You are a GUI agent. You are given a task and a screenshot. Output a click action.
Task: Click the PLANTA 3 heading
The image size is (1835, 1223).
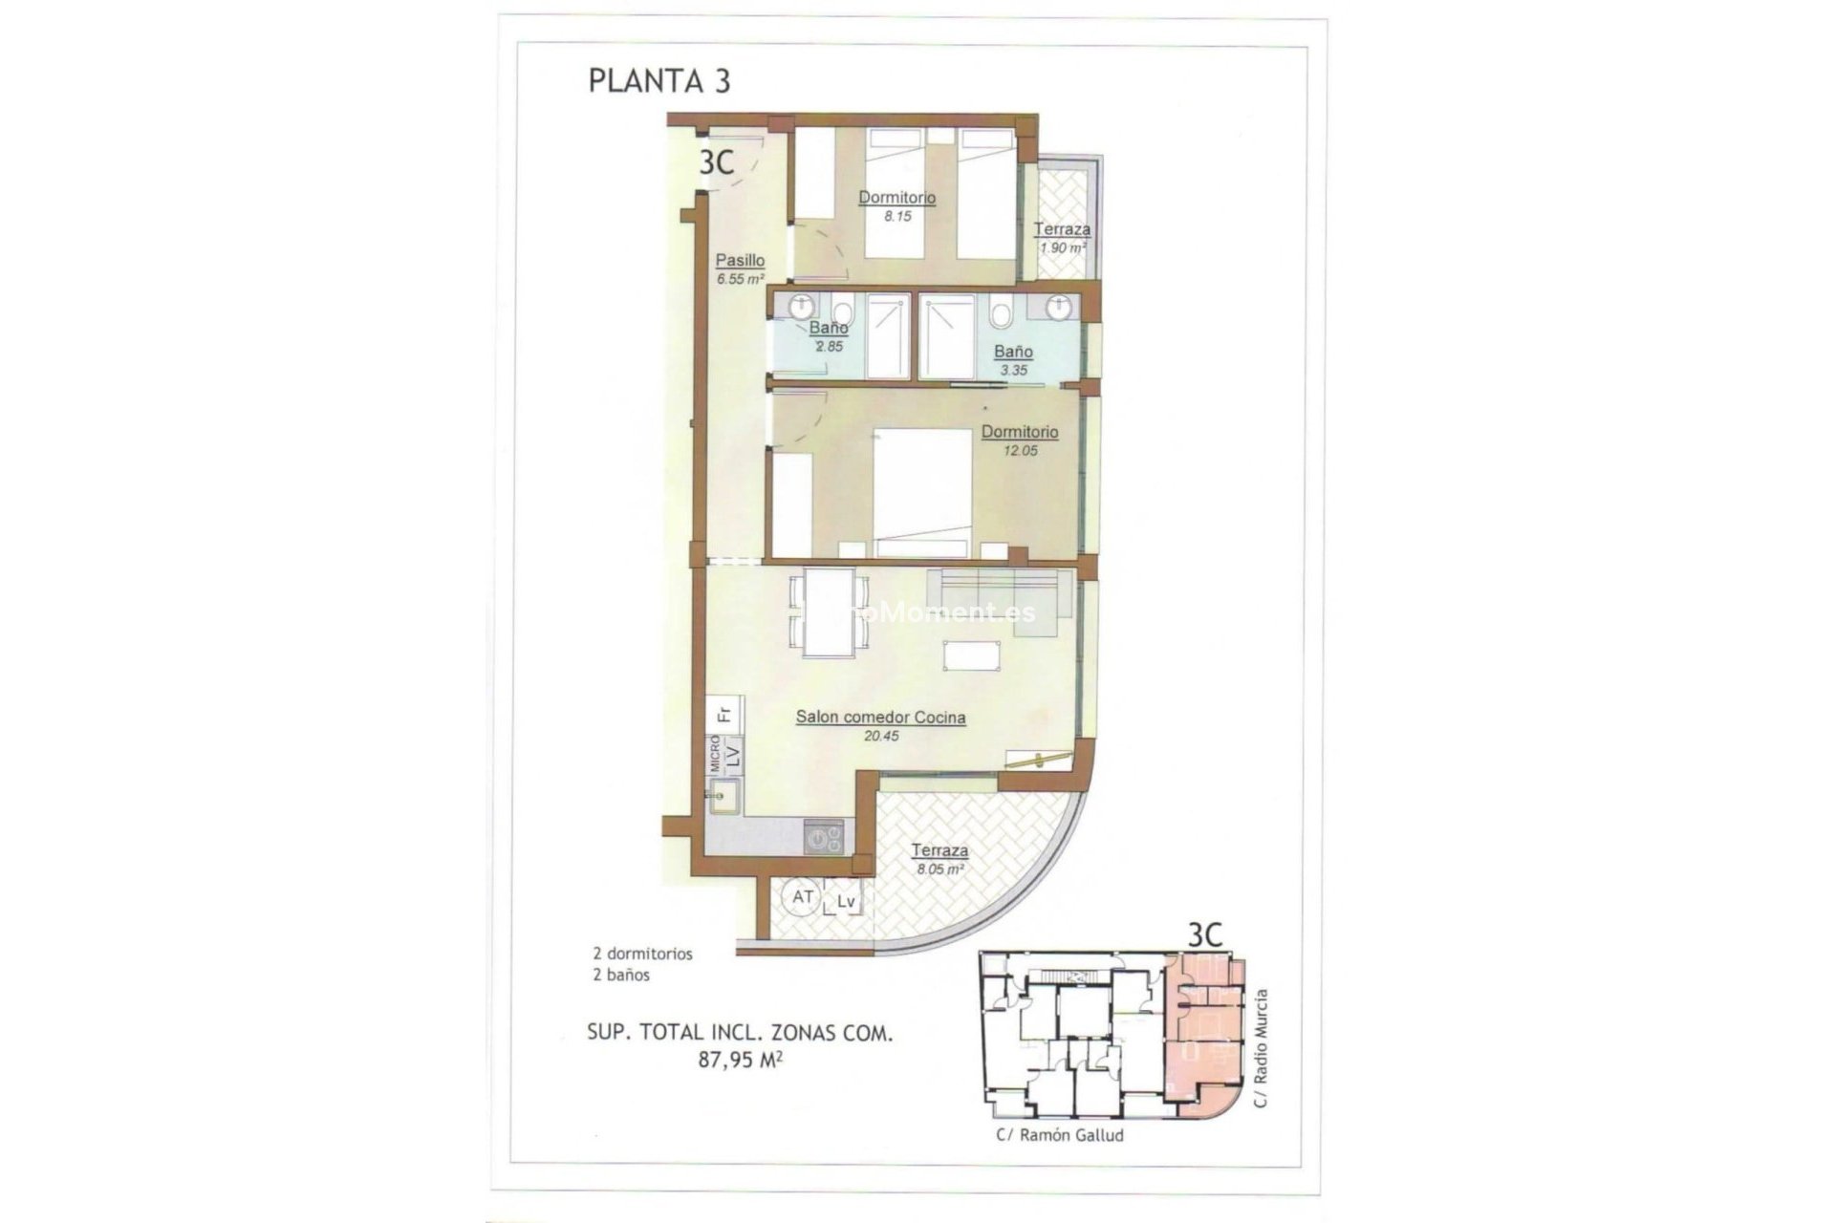tap(658, 81)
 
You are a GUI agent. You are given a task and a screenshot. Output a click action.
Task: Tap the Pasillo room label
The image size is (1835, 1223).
tap(741, 260)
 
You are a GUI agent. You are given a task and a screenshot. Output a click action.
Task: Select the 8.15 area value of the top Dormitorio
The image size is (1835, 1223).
tap(897, 217)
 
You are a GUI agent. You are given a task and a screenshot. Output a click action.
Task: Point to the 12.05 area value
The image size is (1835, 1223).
tap(1020, 451)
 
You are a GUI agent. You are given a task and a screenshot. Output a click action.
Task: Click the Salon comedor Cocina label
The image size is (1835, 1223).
tap(880, 718)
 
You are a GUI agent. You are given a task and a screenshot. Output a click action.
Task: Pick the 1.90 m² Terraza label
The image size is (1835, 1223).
tap(1062, 229)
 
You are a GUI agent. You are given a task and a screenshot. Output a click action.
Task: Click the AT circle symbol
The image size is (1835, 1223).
tap(802, 897)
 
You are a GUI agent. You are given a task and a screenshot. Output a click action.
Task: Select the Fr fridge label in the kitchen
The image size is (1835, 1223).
tap(724, 714)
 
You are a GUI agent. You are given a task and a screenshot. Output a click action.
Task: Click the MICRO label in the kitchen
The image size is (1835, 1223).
tap(714, 754)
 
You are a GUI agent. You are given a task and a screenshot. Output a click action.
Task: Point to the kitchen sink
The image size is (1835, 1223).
tap(723, 798)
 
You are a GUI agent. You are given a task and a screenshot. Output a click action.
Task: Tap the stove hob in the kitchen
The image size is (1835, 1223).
tap(824, 838)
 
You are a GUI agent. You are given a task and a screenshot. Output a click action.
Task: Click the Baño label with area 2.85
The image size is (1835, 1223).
tap(829, 328)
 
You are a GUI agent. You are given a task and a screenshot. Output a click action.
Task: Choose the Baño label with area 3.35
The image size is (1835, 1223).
tap(1013, 352)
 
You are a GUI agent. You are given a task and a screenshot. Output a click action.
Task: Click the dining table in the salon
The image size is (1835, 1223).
tap(829, 612)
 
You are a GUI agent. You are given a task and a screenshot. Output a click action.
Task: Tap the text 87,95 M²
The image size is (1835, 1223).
tap(741, 1059)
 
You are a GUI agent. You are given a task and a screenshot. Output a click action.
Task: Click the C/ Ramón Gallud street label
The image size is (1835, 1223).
tap(1059, 1135)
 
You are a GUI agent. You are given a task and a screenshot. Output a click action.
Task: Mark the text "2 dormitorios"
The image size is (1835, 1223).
tap(642, 954)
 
